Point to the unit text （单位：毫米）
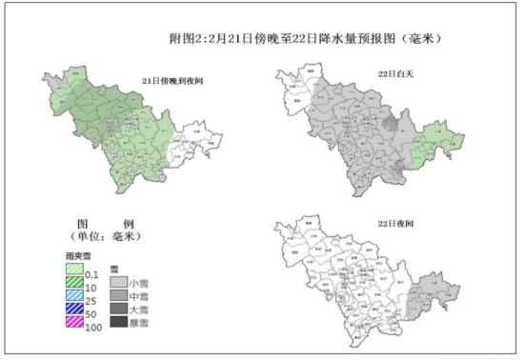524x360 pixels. pos(105,235)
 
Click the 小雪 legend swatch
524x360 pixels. pos(118,283)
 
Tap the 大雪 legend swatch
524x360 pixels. pos(118,310)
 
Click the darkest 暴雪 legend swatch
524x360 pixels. pos(118,323)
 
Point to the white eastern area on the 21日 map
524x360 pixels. pos(195,143)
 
